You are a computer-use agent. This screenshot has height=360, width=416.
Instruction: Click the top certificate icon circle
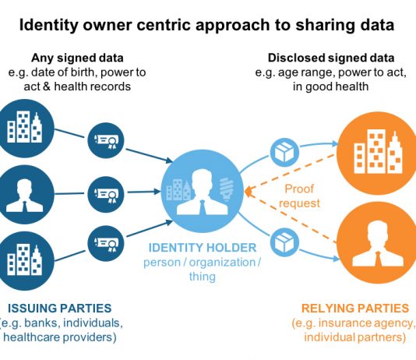[106, 140]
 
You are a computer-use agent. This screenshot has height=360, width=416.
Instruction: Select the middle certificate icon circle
[106, 195]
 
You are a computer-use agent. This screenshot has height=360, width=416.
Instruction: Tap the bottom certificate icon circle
[106, 244]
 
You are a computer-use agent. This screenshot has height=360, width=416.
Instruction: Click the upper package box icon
[284, 153]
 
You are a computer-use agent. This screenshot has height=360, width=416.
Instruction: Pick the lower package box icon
[284, 242]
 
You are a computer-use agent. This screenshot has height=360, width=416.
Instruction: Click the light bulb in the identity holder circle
[226, 189]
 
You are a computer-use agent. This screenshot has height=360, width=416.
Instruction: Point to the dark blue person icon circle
[24, 195]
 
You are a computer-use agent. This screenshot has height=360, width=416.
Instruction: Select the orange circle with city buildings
[377, 154]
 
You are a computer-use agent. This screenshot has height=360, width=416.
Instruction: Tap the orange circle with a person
[377, 242]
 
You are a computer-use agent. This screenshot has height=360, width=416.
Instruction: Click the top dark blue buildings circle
[24, 129]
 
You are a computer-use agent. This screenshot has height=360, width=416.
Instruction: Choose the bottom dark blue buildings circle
[24, 261]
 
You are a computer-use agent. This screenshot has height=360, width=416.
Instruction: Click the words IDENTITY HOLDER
[203, 248]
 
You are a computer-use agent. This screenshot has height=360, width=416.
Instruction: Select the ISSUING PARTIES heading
[60, 309]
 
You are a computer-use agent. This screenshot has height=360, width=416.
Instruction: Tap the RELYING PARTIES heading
[355, 309]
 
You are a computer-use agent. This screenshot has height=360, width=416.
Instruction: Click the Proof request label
[299, 196]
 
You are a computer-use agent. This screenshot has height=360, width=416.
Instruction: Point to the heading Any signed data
[77, 58]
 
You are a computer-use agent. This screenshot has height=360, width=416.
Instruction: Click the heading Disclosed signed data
[331, 58]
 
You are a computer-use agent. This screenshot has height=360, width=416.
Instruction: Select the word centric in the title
[164, 25]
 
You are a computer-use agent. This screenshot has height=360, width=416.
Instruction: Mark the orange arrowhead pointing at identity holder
[248, 192]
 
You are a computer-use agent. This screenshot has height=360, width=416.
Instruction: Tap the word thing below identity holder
[203, 277]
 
